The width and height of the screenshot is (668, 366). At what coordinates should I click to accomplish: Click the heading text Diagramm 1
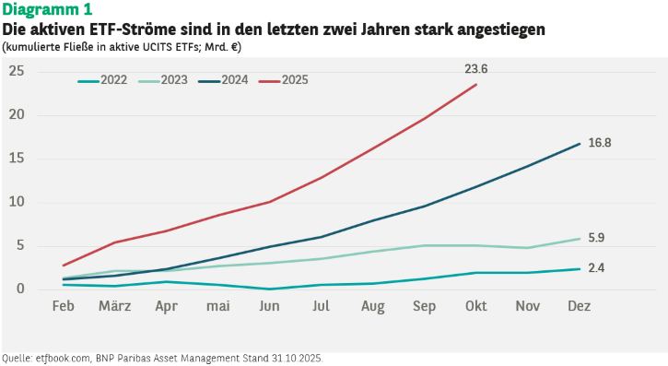pyautogui.click(x=47, y=9)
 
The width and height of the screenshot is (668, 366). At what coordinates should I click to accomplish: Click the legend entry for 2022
pyautogui.click(x=102, y=80)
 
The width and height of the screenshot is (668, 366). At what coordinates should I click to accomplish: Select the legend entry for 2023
pyautogui.click(x=163, y=80)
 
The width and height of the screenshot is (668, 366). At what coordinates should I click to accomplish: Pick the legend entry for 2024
pyautogui.click(x=223, y=80)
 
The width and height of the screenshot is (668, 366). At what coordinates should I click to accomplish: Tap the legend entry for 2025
pyautogui.click(x=284, y=80)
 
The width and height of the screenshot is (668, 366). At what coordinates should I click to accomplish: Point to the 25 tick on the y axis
pyautogui.click(x=17, y=71)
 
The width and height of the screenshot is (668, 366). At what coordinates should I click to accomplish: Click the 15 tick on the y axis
pyautogui.click(x=17, y=158)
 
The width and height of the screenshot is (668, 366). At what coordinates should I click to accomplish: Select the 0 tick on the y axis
pyautogui.click(x=20, y=289)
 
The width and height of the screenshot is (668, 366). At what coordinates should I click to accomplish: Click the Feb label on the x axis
pyautogui.click(x=63, y=306)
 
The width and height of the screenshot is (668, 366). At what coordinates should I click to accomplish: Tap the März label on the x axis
pyautogui.click(x=114, y=305)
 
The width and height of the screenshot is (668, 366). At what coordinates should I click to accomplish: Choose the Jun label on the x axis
pyautogui.click(x=269, y=306)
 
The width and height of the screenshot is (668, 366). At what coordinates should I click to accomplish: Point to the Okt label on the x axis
pyautogui.click(x=475, y=306)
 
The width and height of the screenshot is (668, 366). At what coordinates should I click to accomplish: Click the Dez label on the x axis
pyautogui.click(x=579, y=306)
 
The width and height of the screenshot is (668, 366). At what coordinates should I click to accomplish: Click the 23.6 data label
pyautogui.click(x=475, y=69)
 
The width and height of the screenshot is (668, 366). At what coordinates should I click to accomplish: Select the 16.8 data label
pyautogui.click(x=600, y=143)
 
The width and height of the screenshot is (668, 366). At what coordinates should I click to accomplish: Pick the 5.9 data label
pyautogui.click(x=596, y=238)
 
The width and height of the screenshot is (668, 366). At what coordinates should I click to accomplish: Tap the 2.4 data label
pyautogui.click(x=596, y=268)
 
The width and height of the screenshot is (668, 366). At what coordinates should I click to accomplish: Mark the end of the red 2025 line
pyautogui.click(x=476, y=85)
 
